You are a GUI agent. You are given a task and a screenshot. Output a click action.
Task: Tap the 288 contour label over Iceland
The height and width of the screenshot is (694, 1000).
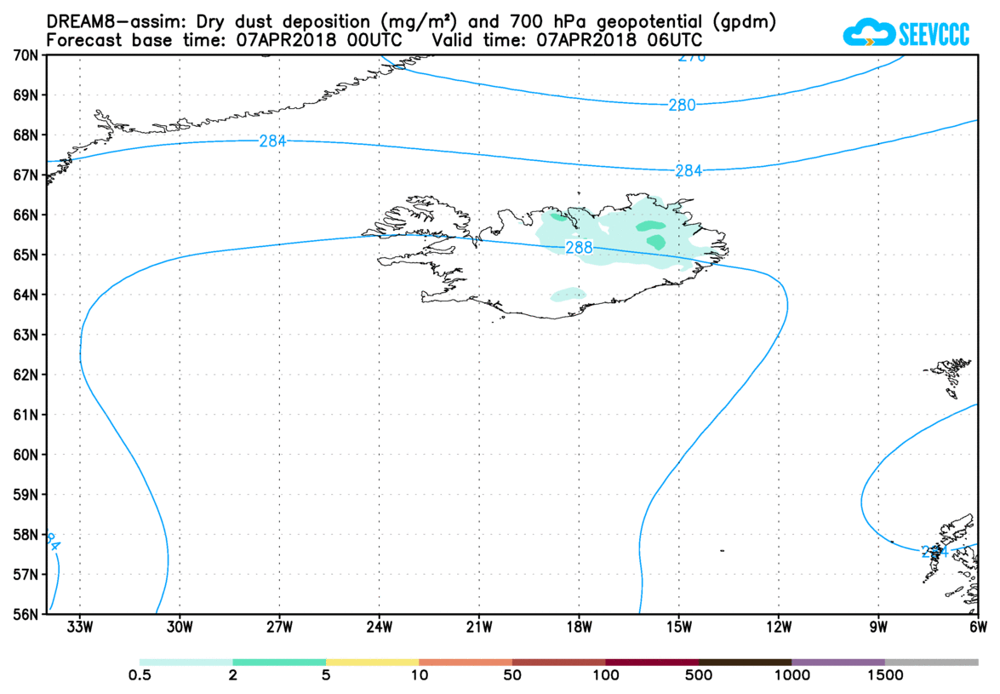point(577,248)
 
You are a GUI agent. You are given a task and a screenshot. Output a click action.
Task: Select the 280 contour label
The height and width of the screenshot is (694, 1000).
point(682,106)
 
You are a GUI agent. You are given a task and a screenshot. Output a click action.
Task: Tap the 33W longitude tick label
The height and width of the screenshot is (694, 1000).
point(80,629)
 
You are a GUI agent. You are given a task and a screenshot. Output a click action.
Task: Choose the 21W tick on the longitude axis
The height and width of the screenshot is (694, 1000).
point(479,629)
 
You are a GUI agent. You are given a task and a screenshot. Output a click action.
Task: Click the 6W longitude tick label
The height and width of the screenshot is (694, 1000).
point(978,629)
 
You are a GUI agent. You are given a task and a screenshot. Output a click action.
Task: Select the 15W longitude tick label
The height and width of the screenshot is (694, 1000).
point(678,629)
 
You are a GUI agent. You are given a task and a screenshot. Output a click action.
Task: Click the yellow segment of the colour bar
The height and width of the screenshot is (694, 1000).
point(372,662)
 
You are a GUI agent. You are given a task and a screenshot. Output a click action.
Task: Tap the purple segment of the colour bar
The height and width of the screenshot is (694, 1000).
point(837,662)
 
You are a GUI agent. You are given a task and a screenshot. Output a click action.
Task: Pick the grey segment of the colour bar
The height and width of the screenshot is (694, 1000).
point(931,662)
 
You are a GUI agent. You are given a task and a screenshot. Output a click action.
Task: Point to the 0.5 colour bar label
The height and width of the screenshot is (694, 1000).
point(140,677)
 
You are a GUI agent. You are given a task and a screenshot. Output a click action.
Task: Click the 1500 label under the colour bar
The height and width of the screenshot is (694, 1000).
point(884,677)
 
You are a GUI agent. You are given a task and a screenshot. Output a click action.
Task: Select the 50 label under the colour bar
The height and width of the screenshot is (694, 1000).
point(512,677)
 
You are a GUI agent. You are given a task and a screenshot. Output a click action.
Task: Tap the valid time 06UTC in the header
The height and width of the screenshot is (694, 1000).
point(677,40)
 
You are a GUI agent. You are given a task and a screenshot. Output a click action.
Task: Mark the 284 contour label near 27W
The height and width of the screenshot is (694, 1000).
point(272,141)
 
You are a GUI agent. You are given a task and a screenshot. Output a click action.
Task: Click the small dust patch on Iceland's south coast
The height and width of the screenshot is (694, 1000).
point(569,295)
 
